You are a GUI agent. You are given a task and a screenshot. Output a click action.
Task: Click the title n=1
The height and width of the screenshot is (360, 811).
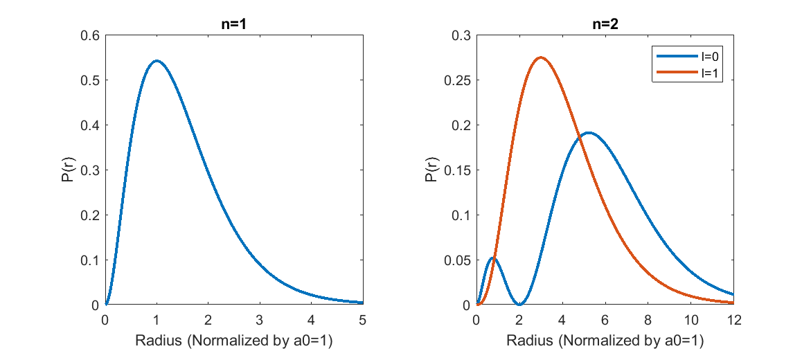tap(233, 24)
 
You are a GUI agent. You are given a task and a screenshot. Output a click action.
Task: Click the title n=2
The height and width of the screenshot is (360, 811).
tap(605, 24)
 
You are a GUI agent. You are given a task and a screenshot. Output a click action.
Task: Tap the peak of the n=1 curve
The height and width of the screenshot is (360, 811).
tap(157, 61)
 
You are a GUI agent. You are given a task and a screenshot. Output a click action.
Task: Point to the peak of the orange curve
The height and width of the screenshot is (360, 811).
tap(540, 57)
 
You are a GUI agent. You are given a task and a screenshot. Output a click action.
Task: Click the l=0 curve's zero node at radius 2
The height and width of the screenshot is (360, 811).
tap(519, 304)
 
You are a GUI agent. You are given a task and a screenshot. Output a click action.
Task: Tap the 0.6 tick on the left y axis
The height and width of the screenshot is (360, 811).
tap(90, 35)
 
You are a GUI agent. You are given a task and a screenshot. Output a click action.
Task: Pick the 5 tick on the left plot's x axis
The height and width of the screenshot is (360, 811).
tap(362, 320)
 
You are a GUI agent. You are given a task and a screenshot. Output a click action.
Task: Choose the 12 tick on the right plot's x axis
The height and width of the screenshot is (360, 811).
tap(733, 320)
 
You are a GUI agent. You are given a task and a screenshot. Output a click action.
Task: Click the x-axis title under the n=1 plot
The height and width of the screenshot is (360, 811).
tap(233, 341)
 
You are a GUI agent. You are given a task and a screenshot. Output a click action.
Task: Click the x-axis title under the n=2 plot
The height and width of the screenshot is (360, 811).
tap(605, 341)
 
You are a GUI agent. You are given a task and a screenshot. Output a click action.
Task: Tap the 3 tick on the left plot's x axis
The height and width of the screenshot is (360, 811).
tap(259, 320)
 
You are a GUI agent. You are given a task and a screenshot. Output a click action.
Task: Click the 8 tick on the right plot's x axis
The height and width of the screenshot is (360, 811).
tap(648, 320)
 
